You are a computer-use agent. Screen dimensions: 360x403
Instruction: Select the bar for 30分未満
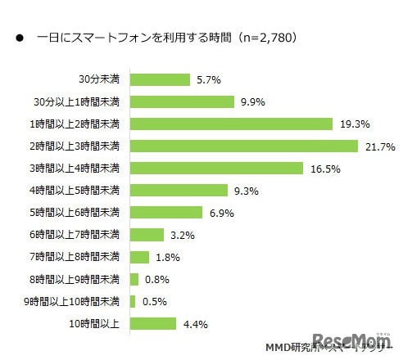pos(159,79)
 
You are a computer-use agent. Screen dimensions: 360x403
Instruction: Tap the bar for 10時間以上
pos(152,322)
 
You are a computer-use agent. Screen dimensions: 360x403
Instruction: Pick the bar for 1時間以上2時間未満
pos(231,124)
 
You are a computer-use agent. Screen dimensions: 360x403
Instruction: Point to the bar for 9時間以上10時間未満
pos(132,300)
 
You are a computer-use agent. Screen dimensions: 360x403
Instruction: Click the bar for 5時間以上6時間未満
pos(165,212)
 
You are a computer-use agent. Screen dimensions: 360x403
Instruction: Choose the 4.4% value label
pos(196,322)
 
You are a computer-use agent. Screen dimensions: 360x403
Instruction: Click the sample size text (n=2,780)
pos(264,37)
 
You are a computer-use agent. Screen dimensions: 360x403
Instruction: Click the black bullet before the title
pos(16,38)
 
